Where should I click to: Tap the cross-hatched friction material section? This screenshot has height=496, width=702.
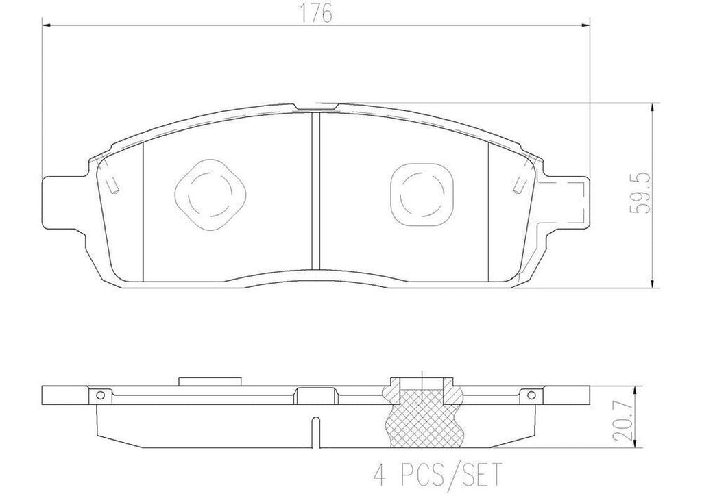tap(422, 415)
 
